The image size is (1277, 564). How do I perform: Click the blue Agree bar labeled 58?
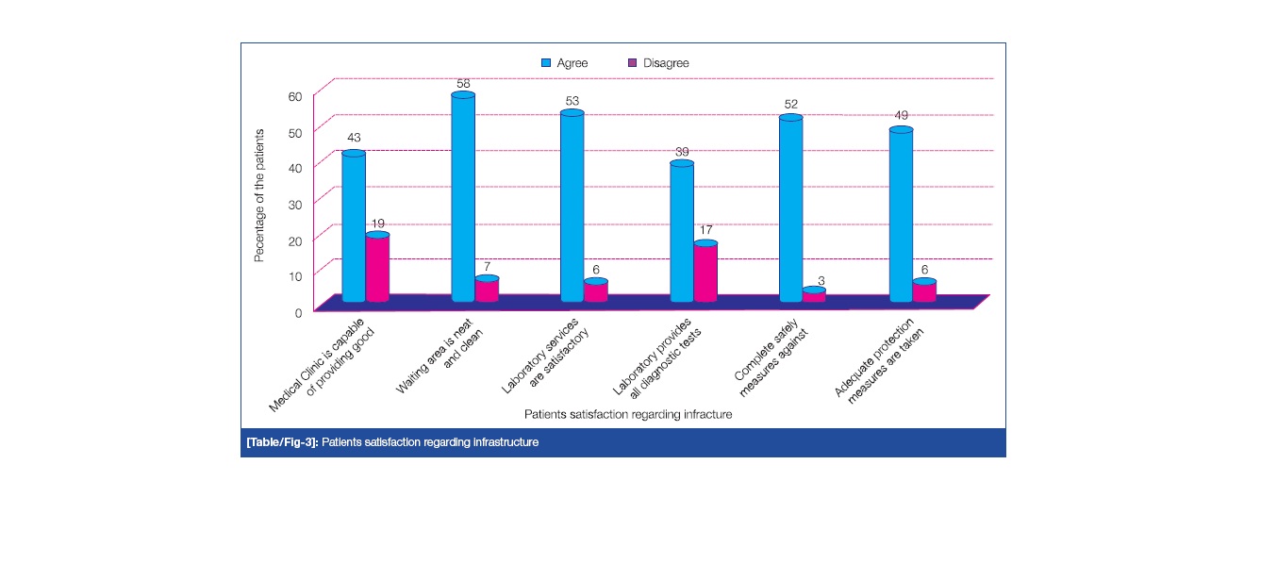(463, 198)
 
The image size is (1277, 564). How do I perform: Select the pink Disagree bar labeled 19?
(377, 269)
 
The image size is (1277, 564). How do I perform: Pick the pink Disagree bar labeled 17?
(705, 273)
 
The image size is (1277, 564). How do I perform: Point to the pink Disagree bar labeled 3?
(814, 295)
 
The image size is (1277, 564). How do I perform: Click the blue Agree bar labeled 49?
(901, 216)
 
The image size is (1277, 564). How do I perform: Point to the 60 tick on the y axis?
(295, 96)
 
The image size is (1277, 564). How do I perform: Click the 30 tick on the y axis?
(295, 204)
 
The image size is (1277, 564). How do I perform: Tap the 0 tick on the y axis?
(298, 312)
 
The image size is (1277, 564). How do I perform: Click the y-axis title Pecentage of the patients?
(259, 195)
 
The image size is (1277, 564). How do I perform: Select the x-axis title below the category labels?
(628, 414)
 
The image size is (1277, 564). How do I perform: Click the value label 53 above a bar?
(572, 100)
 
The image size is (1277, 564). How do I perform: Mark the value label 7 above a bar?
(488, 267)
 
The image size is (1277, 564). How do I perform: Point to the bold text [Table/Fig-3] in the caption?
(281, 442)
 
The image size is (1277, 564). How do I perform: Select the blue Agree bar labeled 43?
(354, 226)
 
